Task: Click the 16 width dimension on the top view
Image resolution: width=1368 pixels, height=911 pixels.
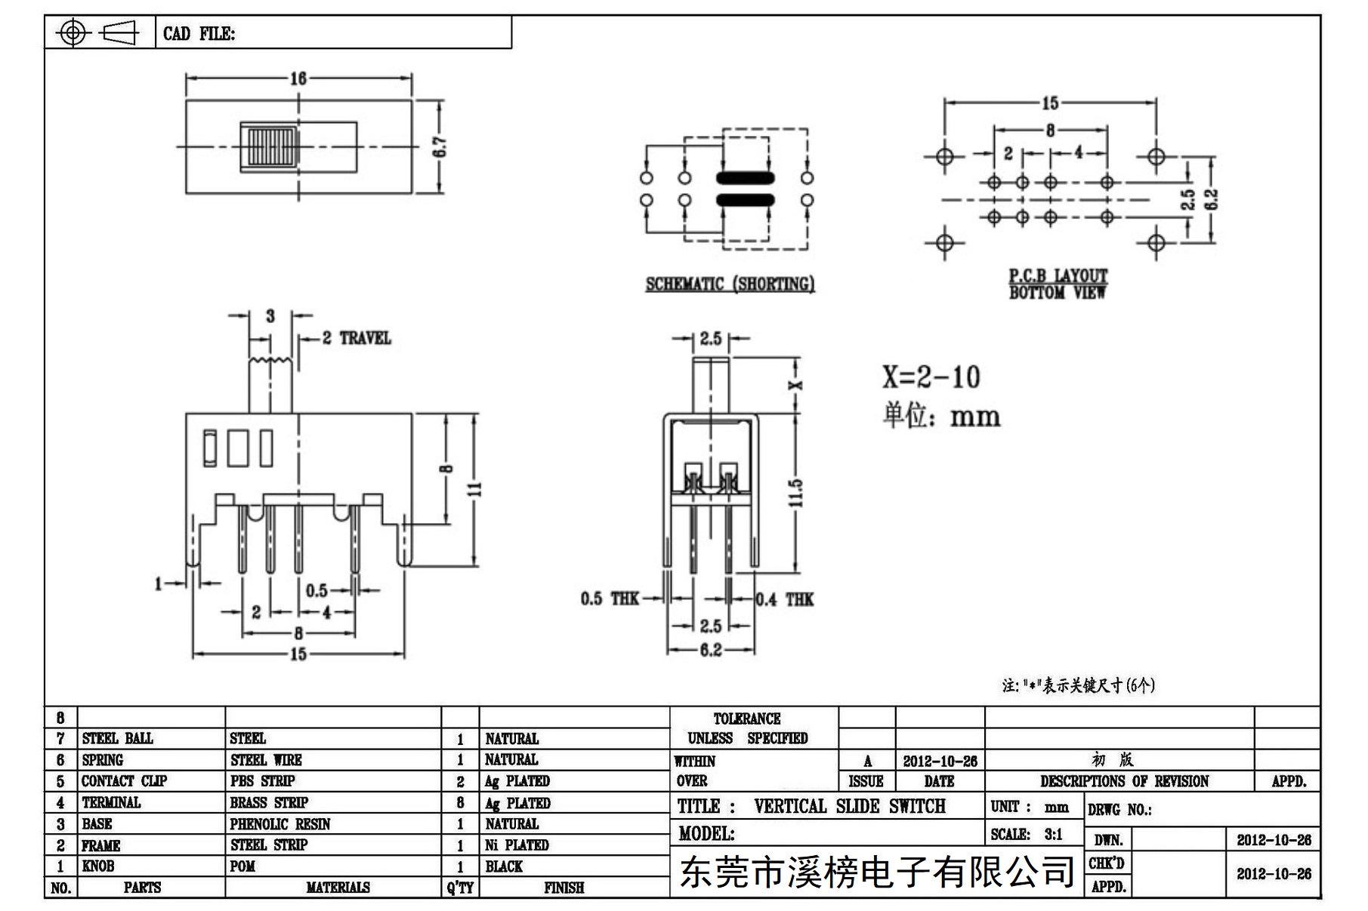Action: (x=298, y=78)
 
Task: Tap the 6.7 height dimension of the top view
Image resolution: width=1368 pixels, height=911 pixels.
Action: (x=440, y=146)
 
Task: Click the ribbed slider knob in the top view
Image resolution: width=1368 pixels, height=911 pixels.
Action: (x=268, y=147)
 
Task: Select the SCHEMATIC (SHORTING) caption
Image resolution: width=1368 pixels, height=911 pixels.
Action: (x=730, y=284)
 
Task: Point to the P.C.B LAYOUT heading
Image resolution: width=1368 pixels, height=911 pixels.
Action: (x=1058, y=275)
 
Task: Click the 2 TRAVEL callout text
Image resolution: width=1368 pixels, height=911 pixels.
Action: (x=357, y=337)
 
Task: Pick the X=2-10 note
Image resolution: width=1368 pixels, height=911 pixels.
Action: (x=931, y=377)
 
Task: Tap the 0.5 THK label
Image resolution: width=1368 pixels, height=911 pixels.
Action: (x=610, y=599)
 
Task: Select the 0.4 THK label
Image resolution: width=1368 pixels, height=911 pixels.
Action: (x=785, y=599)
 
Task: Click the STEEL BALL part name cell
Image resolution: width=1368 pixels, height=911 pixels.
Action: (x=117, y=738)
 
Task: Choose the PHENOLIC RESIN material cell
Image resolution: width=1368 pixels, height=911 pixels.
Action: (x=280, y=824)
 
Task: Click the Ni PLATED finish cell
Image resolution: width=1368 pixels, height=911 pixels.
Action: (x=517, y=845)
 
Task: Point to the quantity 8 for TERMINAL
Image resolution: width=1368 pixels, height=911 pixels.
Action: (x=460, y=803)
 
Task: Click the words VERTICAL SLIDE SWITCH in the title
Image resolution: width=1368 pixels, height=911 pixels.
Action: (x=849, y=806)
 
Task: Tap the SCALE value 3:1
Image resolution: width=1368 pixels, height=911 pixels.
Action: (x=1053, y=834)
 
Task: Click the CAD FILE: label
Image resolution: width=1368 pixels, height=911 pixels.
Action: (x=199, y=33)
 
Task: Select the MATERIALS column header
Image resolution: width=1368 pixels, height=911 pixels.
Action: (x=338, y=888)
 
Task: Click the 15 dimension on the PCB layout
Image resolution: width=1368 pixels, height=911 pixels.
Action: (x=1050, y=103)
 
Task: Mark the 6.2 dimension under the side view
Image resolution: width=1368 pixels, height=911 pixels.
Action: (x=711, y=650)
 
